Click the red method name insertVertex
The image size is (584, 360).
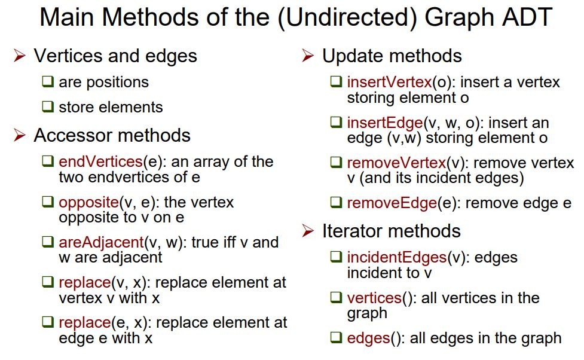pos(389,82)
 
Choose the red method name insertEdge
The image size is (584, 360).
pos(384,123)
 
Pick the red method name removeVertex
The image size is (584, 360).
pos(396,163)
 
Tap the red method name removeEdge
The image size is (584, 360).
pos(392,203)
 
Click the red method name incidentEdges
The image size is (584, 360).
pos(397,257)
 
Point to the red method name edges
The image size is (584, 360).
pos(368,338)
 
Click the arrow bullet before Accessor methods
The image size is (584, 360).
pos(20,136)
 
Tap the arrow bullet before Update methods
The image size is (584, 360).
pos(308,56)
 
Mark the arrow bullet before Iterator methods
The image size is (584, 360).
pos(308,231)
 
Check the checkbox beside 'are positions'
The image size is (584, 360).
pos(48,82)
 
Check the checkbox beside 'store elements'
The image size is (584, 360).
pos(48,107)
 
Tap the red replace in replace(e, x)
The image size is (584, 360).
pos(85,322)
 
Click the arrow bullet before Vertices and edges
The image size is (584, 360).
pos(20,56)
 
